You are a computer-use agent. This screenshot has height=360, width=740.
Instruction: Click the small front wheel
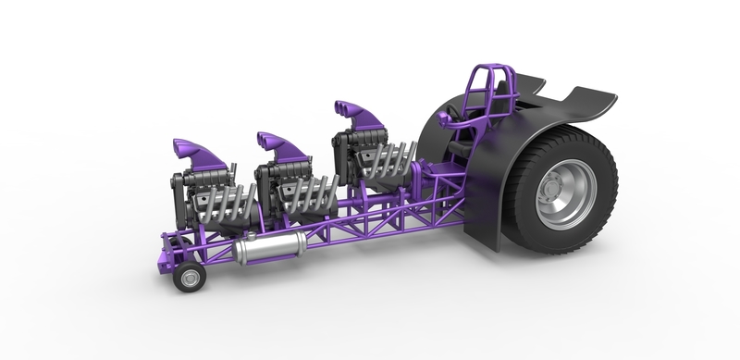pyautogui.click(x=192, y=276)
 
